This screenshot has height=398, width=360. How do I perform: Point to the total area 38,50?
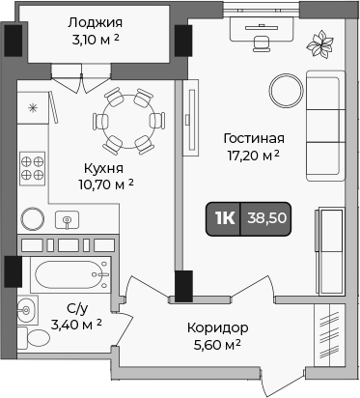(266, 218)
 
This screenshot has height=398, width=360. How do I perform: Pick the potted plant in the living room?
(318, 43)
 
